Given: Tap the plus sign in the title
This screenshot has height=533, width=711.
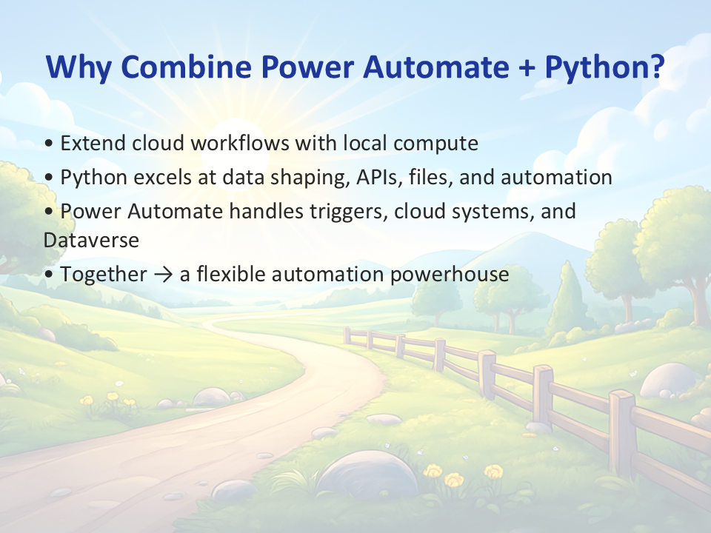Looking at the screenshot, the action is point(526,67).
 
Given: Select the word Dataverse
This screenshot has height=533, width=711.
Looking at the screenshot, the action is point(91,240).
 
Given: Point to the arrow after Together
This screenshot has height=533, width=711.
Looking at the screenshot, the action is point(163,275).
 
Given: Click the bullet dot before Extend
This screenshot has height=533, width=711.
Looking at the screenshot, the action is point(49,144).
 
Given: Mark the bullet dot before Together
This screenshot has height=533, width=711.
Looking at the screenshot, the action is point(49,275).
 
